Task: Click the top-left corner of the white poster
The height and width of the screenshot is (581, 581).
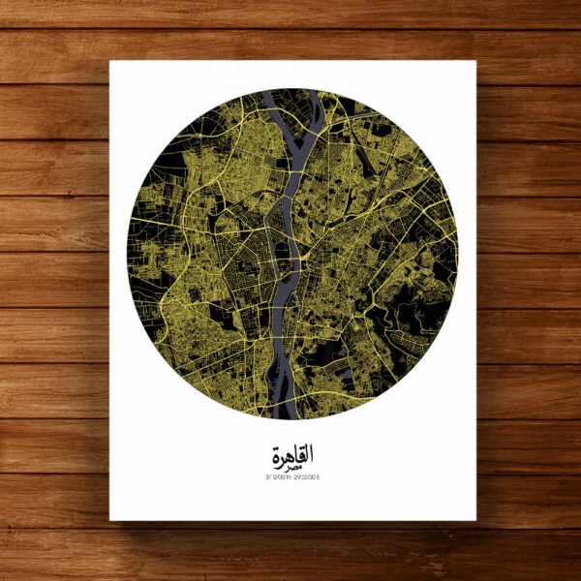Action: (110, 62)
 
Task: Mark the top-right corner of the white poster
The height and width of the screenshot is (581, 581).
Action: (475, 62)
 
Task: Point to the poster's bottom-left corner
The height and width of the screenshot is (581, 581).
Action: (110, 520)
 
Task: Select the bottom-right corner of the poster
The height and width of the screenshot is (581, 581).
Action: (475, 520)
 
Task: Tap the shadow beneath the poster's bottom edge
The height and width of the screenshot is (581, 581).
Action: (290, 527)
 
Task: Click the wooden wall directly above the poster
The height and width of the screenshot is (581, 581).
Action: (290, 29)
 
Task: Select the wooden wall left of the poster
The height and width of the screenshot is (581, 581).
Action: (53, 290)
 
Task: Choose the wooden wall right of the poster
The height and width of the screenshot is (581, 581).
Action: (528, 290)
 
